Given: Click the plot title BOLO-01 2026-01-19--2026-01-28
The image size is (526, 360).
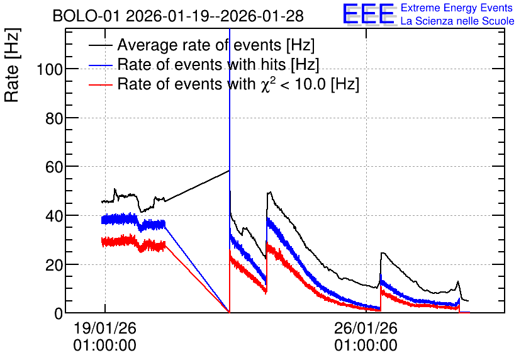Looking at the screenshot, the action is click(x=178, y=16).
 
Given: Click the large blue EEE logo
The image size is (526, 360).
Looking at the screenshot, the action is click(x=369, y=14).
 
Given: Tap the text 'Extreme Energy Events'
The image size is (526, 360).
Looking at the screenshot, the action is click(x=457, y=8).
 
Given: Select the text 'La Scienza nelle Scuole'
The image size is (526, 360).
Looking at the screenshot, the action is click(x=457, y=21).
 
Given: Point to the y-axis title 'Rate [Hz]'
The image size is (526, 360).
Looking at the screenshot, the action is click(x=12, y=65).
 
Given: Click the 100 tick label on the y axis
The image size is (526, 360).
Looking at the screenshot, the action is click(x=50, y=69).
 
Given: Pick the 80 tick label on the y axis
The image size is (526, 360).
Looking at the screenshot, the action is click(x=54, y=118).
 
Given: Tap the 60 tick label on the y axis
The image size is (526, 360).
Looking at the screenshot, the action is click(x=54, y=167).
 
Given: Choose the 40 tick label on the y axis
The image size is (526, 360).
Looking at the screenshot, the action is click(x=54, y=216).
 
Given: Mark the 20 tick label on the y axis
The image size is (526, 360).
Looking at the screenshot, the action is click(x=54, y=265).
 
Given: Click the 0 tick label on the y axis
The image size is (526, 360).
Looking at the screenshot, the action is click(x=59, y=313).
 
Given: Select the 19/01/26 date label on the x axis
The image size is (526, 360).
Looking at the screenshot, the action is click(x=105, y=328).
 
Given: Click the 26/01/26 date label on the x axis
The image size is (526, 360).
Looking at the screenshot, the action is click(x=366, y=328).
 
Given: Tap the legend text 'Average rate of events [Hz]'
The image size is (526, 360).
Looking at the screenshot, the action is click(x=216, y=45).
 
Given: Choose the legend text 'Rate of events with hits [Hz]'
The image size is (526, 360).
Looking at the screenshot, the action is click(x=218, y=64).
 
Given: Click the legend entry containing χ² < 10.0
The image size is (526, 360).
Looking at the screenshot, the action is click(x=238, y=84).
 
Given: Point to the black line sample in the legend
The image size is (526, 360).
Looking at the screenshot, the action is click(x=100, y=45).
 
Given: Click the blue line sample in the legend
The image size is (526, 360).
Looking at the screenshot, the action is click(x=100, y=65).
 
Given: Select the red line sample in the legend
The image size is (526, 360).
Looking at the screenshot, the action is click(x=100, y=84).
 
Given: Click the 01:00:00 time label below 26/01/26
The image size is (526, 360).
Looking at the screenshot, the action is click(x=366, y=346).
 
